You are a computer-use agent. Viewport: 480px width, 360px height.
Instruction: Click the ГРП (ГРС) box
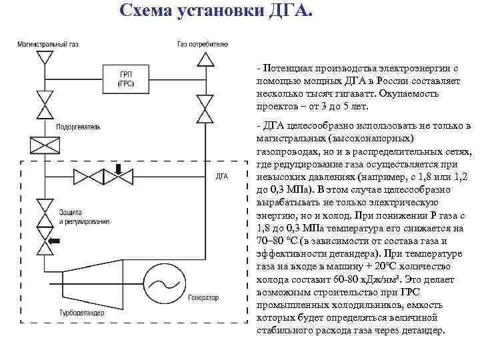(125, 78)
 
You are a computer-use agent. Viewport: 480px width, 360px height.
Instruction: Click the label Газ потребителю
(203, 44)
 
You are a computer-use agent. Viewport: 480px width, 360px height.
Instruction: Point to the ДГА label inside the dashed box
(223, 177)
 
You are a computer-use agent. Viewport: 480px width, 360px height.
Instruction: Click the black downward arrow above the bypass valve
(119, 168)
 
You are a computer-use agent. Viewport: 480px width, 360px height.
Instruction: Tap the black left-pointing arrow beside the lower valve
(66, 239)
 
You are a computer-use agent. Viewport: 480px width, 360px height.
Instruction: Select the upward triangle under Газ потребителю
(206, 61)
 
